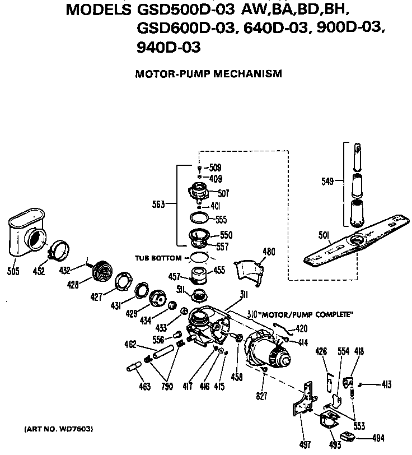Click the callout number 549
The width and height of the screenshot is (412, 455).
point(328,181)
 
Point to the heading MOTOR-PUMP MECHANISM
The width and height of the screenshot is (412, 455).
point(208,73)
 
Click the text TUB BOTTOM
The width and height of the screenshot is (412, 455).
point(158,258)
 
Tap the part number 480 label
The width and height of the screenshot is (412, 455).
point(269,252)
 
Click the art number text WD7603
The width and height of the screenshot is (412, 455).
point(59,429)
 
